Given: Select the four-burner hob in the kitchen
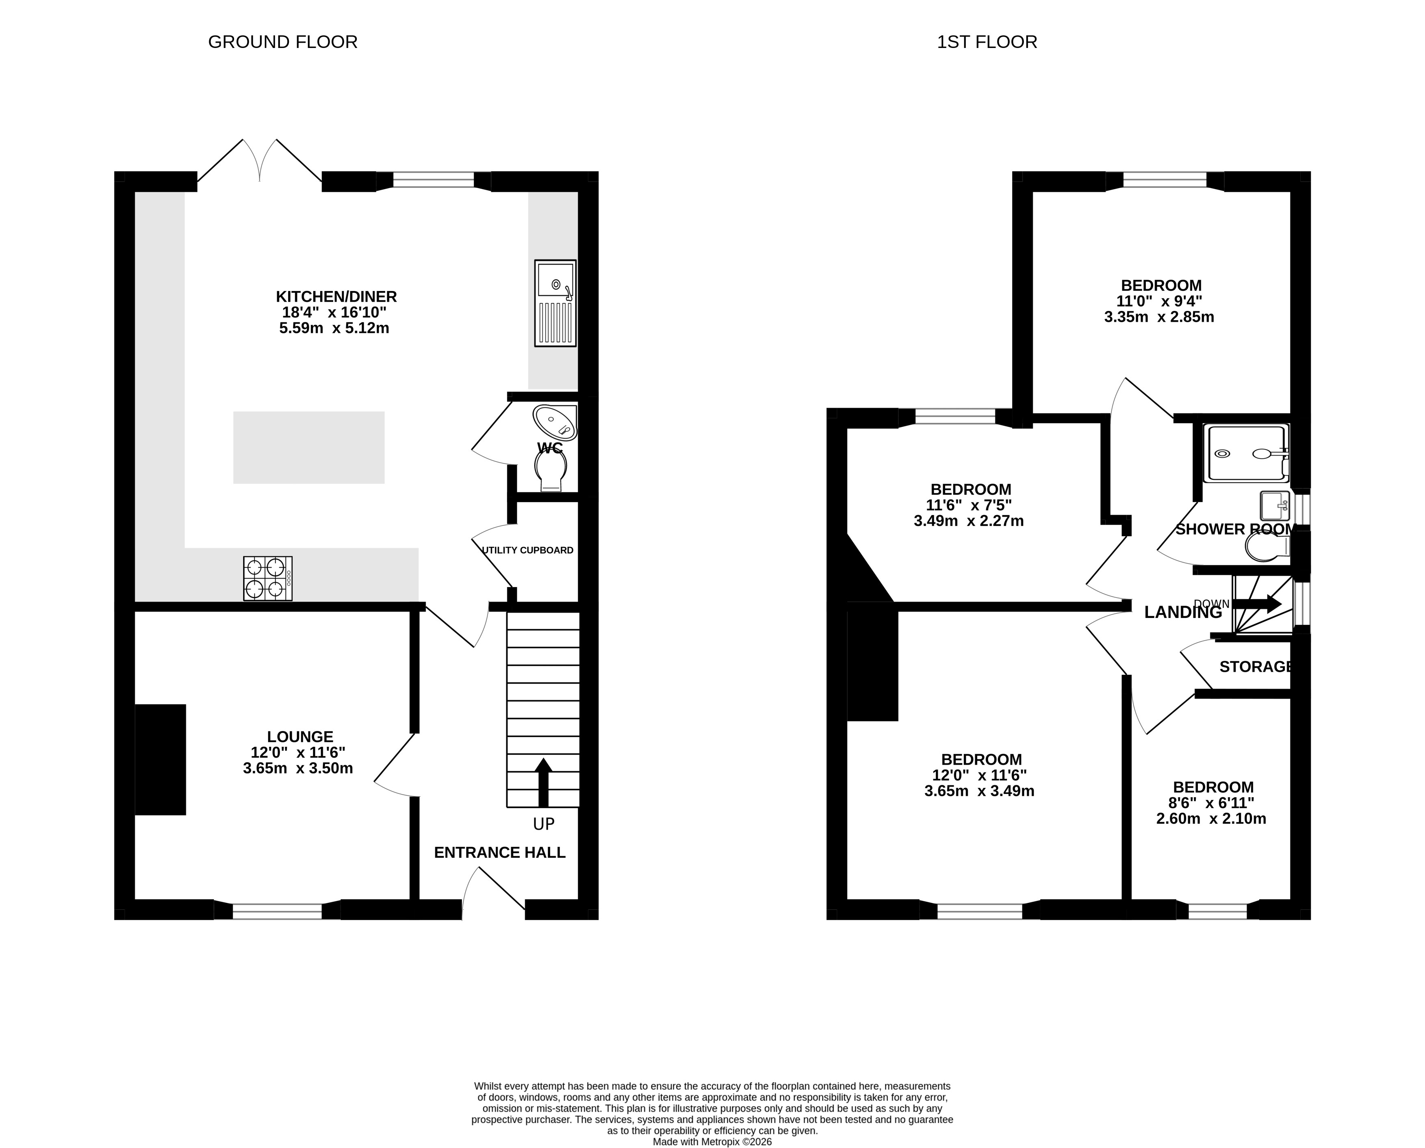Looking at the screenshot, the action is coord(268,578).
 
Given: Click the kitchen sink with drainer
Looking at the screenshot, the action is coord(555,303).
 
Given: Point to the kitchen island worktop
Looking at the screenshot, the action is coord(309,448).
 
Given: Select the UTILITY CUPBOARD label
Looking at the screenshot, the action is coord(527,550).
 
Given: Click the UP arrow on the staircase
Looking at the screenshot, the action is coord(543,782).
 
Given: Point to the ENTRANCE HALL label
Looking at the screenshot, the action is coord(500,853).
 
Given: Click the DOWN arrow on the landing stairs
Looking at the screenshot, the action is coord(1257,604).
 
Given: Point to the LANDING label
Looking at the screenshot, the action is coord(1183,612).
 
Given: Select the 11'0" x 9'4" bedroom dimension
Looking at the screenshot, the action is coord(1161,301).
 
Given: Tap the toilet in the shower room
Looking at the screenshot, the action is coord(1267,547).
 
